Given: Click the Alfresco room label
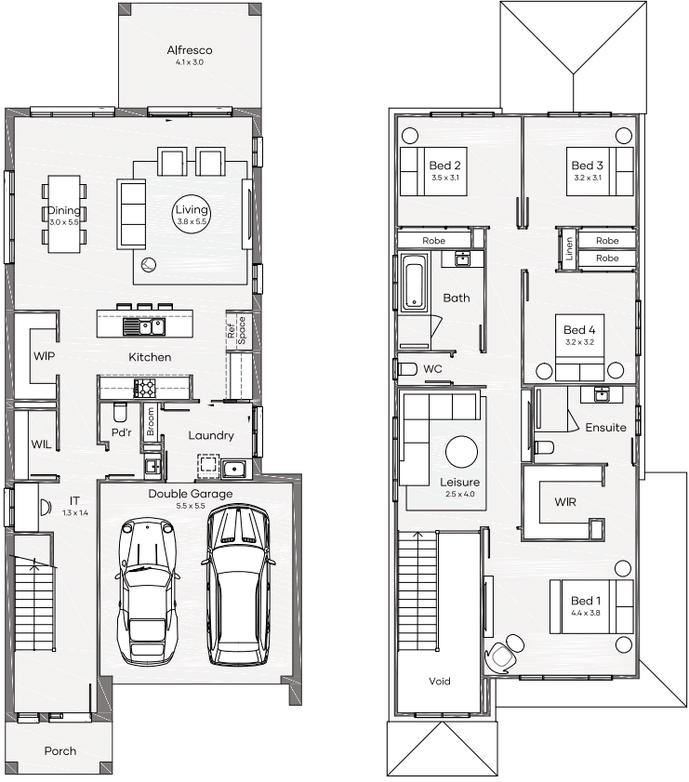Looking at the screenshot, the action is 190,50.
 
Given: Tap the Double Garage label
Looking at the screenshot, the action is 191,494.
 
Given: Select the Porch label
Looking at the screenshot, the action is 60,750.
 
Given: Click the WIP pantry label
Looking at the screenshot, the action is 44,356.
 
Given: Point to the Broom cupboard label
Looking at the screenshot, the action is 151,421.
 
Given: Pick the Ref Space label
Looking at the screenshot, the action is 236,330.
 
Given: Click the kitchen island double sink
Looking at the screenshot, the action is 144,326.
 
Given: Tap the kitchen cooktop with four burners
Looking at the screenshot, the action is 144,388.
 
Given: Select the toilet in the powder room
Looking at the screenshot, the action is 120,412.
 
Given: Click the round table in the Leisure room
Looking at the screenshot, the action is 462,451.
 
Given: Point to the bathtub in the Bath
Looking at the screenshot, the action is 415,283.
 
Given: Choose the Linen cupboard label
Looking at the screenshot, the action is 569,248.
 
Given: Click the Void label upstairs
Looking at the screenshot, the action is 440,681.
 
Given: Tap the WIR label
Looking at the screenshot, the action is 565,502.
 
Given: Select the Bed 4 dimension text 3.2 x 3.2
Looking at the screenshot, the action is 580,342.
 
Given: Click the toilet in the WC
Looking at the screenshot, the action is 408,369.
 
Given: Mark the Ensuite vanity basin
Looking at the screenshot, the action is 602,394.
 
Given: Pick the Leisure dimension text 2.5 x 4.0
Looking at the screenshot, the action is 460,495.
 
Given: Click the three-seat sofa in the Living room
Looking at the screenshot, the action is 132,215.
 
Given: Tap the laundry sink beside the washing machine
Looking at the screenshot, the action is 233,469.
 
